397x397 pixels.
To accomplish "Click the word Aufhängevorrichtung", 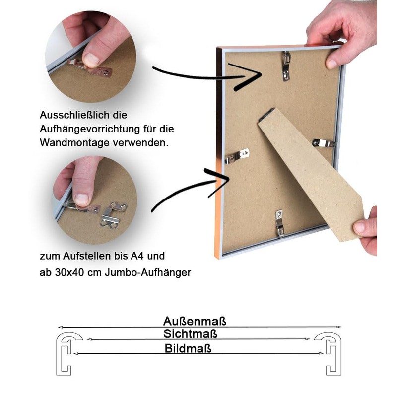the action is click(x=90, y=129).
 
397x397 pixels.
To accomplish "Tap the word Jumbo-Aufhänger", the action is click(x=148, y=273).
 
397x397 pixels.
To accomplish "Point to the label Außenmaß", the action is click(x=195, y=321).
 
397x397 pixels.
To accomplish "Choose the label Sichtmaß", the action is click(x=191, y=334).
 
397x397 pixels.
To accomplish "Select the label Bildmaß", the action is click(x=188, y=348).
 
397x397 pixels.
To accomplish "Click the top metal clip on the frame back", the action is click(x=286, y=66).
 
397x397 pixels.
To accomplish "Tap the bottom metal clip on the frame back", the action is click(x=279, y=223).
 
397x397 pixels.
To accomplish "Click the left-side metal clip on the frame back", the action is click(x=237, y=156).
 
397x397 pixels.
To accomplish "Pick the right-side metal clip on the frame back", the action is click(x=324, y=143).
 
